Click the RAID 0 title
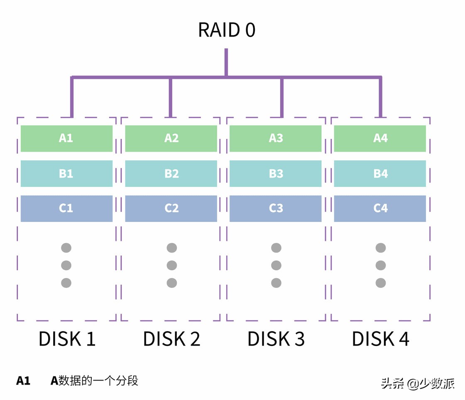pos(226,30)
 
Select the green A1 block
pos(66,138)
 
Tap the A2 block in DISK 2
pos(171,138)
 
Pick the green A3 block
pos(276,138)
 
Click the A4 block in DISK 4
pos(380,138)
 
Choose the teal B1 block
pos(66,174)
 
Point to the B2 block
pos(171,174)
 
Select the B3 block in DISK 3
pos(276,174)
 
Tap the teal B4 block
pos(380,174)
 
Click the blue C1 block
pos(66,209)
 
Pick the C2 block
pos(171,209)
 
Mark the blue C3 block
pos(276,209)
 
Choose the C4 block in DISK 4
pos(380,209)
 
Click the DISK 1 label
pos(67,339)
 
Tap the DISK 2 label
pos(171,339)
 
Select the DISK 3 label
pos(276,339)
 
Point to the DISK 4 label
pos(380,339)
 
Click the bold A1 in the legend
pos(23,381)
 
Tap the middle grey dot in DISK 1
pos(66,265)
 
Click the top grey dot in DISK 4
pos(381,248)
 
